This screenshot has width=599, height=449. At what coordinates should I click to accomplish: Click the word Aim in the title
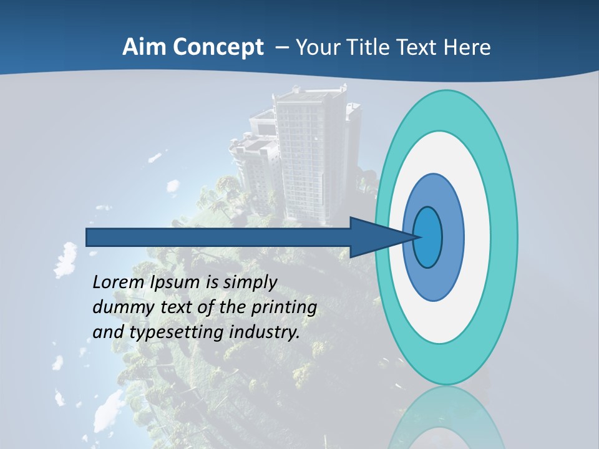[144, 47]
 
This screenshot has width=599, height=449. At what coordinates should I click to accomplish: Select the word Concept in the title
[218, 48]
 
